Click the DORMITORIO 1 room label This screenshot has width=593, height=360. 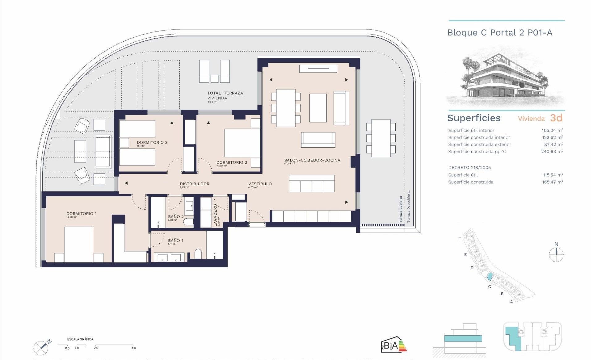coord(82,214)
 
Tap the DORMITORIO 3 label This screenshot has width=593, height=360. coord(152,143)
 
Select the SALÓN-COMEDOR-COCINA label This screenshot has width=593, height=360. coord(312,160)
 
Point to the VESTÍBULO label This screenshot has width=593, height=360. coord(260,184)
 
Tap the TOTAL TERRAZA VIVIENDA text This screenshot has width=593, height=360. coord(225,95)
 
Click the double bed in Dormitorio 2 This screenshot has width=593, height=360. coord(242,143)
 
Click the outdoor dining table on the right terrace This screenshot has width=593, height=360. coord(381,138)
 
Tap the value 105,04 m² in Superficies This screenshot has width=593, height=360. coord(552,130)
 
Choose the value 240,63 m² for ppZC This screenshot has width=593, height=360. coord(552,152)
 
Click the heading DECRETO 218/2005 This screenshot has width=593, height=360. coord(469,168)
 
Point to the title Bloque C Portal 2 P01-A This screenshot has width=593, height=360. coord(500,33)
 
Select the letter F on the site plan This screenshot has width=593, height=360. coord(460,239)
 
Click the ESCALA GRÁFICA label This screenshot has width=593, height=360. coord(80,339)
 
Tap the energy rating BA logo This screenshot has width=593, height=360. coord(393,344)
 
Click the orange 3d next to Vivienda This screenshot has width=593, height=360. coord(556,118)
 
